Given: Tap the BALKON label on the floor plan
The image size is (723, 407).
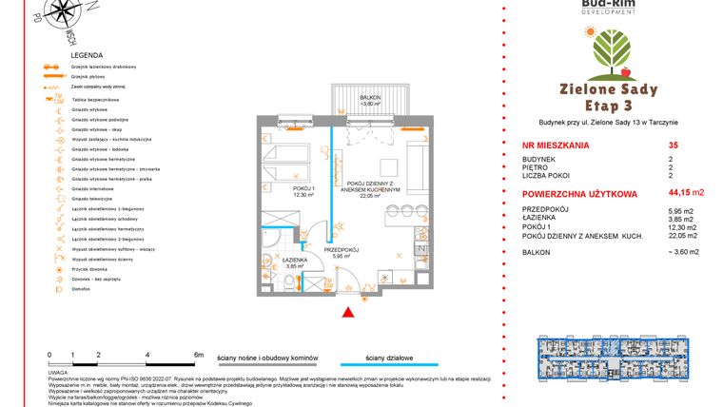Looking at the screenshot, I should pyautogui.click(x=370, y=98).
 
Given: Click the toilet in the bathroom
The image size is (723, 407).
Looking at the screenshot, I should pyautogui.click(x=289, y=283).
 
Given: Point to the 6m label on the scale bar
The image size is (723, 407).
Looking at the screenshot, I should pyautogui.click(x=197, y=354).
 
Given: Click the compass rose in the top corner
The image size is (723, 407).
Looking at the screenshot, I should pyautogui.click(x=64, y=16).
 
